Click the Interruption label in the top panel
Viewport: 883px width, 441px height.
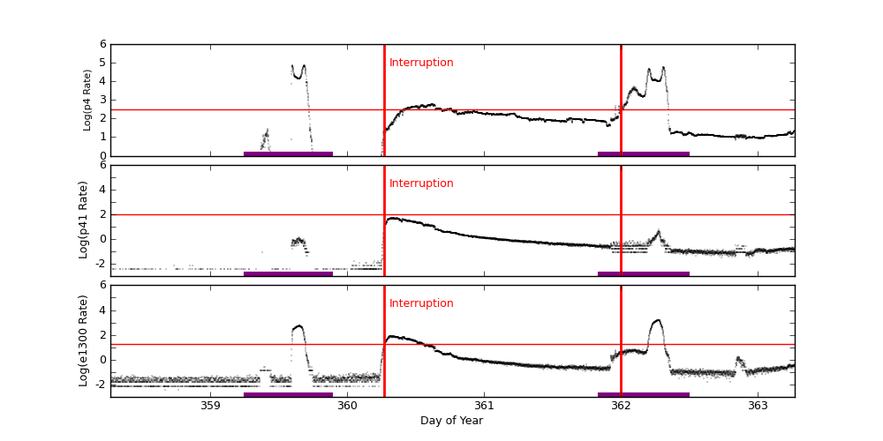coord(421,63)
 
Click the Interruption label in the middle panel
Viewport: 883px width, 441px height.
coord(421,183)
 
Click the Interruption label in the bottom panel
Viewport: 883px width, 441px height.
coord(421,303)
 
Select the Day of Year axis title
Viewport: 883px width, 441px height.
coord(451,421)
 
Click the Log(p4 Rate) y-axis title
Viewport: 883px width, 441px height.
coord(87,100)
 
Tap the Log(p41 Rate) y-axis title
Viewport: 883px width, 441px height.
coord(84,220)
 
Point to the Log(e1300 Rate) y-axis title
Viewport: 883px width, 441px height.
coord(84,340)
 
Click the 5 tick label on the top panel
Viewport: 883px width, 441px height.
coord(102,63)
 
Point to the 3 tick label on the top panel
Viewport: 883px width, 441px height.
coord(102,100)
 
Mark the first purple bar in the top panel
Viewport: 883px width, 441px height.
coord(288,153)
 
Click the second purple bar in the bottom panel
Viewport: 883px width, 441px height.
coord(643,394)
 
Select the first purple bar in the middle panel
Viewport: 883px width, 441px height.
coord(288,273)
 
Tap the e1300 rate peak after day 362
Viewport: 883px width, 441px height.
coord(656,322)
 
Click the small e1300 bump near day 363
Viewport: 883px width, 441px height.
coord(739,359)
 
